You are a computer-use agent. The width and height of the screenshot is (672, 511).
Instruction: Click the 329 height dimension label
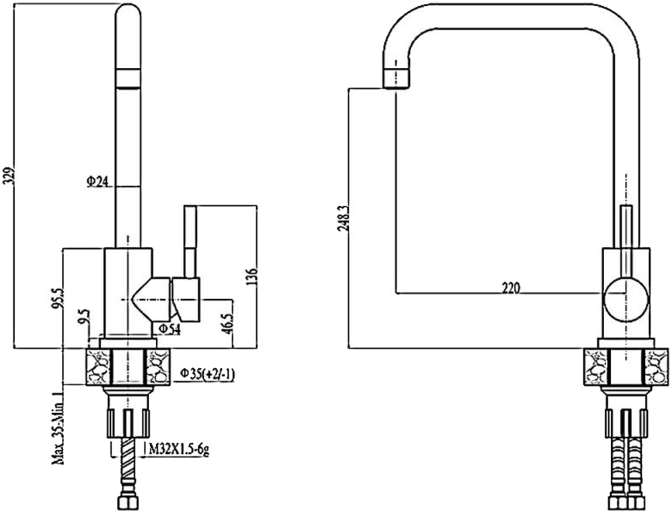(x=10, y=175)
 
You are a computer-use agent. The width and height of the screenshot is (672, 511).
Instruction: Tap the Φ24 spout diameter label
(x=97, y=182)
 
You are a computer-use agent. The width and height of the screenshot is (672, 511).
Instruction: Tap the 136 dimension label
(x=253, y=277)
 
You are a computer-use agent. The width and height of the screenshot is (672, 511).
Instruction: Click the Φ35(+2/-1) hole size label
(x=207, y=375)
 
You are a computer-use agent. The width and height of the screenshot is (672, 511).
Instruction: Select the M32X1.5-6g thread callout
(x=179, y=449)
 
